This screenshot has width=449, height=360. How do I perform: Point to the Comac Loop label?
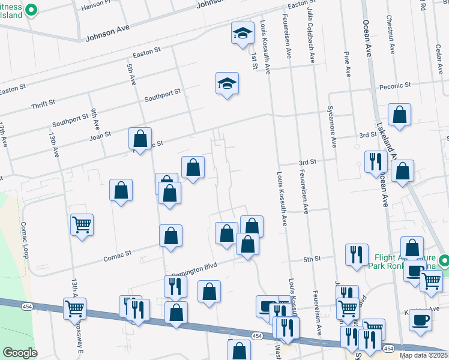tap(25, 239)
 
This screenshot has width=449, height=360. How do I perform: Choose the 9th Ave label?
tap(95, 119)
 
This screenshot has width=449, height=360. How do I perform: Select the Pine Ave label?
tap(347, 64)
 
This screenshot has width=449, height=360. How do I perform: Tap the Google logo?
tap(20, 352)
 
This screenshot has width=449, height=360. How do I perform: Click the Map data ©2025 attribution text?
tap(423, 355)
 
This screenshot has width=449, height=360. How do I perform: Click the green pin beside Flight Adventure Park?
tap(444, 261)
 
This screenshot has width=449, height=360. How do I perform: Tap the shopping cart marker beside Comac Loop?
tap(82, 225)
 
